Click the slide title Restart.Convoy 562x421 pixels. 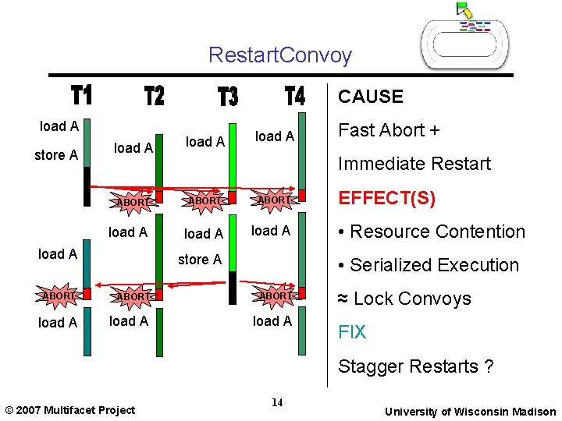tap(280, 55)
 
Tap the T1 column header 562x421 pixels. tap(82, 96)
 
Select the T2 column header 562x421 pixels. tap(155, 96)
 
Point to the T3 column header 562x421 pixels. tap(228, 97)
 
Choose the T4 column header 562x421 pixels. tap(295, 96)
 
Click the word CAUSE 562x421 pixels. tap(371, 97)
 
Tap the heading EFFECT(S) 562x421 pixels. tap(386, 198)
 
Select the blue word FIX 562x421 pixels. tap(351, 332)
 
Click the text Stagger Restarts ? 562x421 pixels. tap(415, 366)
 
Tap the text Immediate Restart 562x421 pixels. tap(414, 164)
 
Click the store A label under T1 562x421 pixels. tap(56, 155)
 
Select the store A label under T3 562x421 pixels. tap(200, 260)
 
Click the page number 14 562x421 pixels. tap(277, 403)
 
